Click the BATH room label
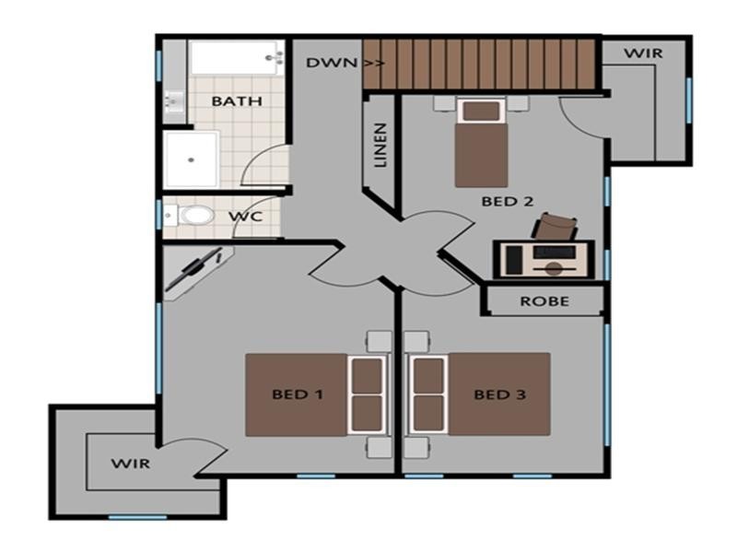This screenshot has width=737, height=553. click(237, 101)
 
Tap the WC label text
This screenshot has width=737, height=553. click(246, 218)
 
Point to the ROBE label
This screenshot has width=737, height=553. click(544, 301)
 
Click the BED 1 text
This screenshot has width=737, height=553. click(297, 394)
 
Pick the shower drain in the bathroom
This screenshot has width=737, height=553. click(191, 159)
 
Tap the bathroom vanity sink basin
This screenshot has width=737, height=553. click(173, 99)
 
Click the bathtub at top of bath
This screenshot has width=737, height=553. click(235, 58)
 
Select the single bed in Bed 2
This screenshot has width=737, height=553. click(480, 145)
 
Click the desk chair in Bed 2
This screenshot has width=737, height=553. click(556, 225)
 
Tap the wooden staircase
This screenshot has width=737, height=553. click(479, 64)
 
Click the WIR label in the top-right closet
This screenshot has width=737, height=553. click(642, 53)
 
